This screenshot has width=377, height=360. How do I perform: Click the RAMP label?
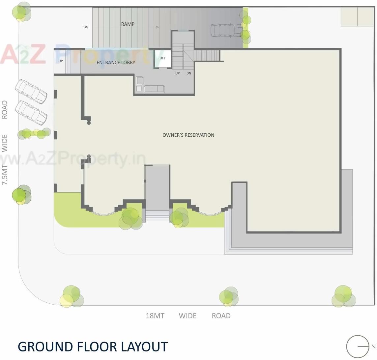(x=128, y=24)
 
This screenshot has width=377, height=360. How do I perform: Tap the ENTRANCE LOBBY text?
(x=116, y=63)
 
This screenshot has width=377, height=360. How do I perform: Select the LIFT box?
(x=162, y=58)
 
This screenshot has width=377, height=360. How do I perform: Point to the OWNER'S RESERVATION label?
(x=188, y=135)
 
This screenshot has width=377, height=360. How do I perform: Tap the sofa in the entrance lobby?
(x=154, y=89)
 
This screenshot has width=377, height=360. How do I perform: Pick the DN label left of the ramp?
(x=86, y=27)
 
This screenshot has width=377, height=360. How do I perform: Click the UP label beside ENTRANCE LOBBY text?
(x=61, y=61)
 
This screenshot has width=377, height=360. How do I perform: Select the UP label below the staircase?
(x=178, y=73)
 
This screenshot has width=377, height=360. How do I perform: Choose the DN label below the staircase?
(x=189, y=73)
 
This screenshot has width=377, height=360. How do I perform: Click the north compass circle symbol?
(x=358, y=346)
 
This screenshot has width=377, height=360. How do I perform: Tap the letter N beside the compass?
(x=373, y=346)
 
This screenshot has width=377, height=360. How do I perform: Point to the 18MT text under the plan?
(x=155, y=316)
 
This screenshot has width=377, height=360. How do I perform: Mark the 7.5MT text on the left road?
(x=5, y=175)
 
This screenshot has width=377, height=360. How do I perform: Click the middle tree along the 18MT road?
(x=228, y=296)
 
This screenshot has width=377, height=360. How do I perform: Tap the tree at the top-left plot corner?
(x=21, y=13)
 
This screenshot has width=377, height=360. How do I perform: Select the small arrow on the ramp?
(x=158, y=27)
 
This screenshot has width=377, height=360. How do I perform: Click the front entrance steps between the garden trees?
(x=157, y=215)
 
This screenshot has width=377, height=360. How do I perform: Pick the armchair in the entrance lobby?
(x=140, y=80)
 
